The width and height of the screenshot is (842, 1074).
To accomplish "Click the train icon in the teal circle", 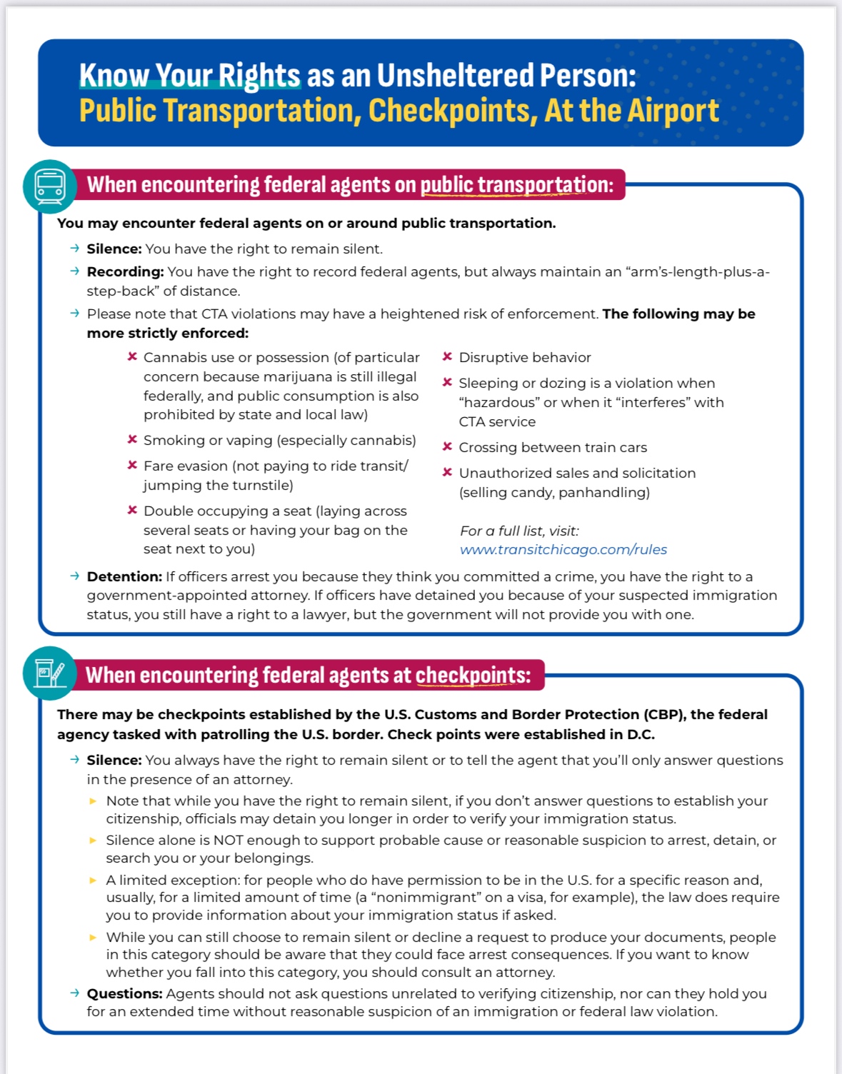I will (49, 186).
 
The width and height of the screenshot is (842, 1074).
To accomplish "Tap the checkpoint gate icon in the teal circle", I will (49, 673).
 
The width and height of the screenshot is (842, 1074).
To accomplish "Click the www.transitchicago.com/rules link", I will (563, 549).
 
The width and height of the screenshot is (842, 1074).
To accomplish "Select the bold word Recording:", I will (125, 272).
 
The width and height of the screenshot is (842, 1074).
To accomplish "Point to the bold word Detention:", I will (124, 576).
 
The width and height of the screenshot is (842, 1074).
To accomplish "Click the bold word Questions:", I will (124, 993).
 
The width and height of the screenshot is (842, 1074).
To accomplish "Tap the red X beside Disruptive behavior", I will (447, 356).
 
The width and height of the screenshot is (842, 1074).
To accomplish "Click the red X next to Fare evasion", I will (132, 465).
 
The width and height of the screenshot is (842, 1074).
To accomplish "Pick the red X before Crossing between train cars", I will (447, 446).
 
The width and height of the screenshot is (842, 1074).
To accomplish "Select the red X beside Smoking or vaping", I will (132, 439).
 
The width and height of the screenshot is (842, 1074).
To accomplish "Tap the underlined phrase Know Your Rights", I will (189, 76).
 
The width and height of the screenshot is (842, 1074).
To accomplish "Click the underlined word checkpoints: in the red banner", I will (473, 676).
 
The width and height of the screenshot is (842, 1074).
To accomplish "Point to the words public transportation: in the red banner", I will (516, 185).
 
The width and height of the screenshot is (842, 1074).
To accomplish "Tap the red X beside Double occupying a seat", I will (132, 510).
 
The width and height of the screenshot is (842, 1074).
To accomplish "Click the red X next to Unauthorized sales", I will (447, 472).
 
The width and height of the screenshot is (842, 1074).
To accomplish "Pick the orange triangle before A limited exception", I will (93, 880).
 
